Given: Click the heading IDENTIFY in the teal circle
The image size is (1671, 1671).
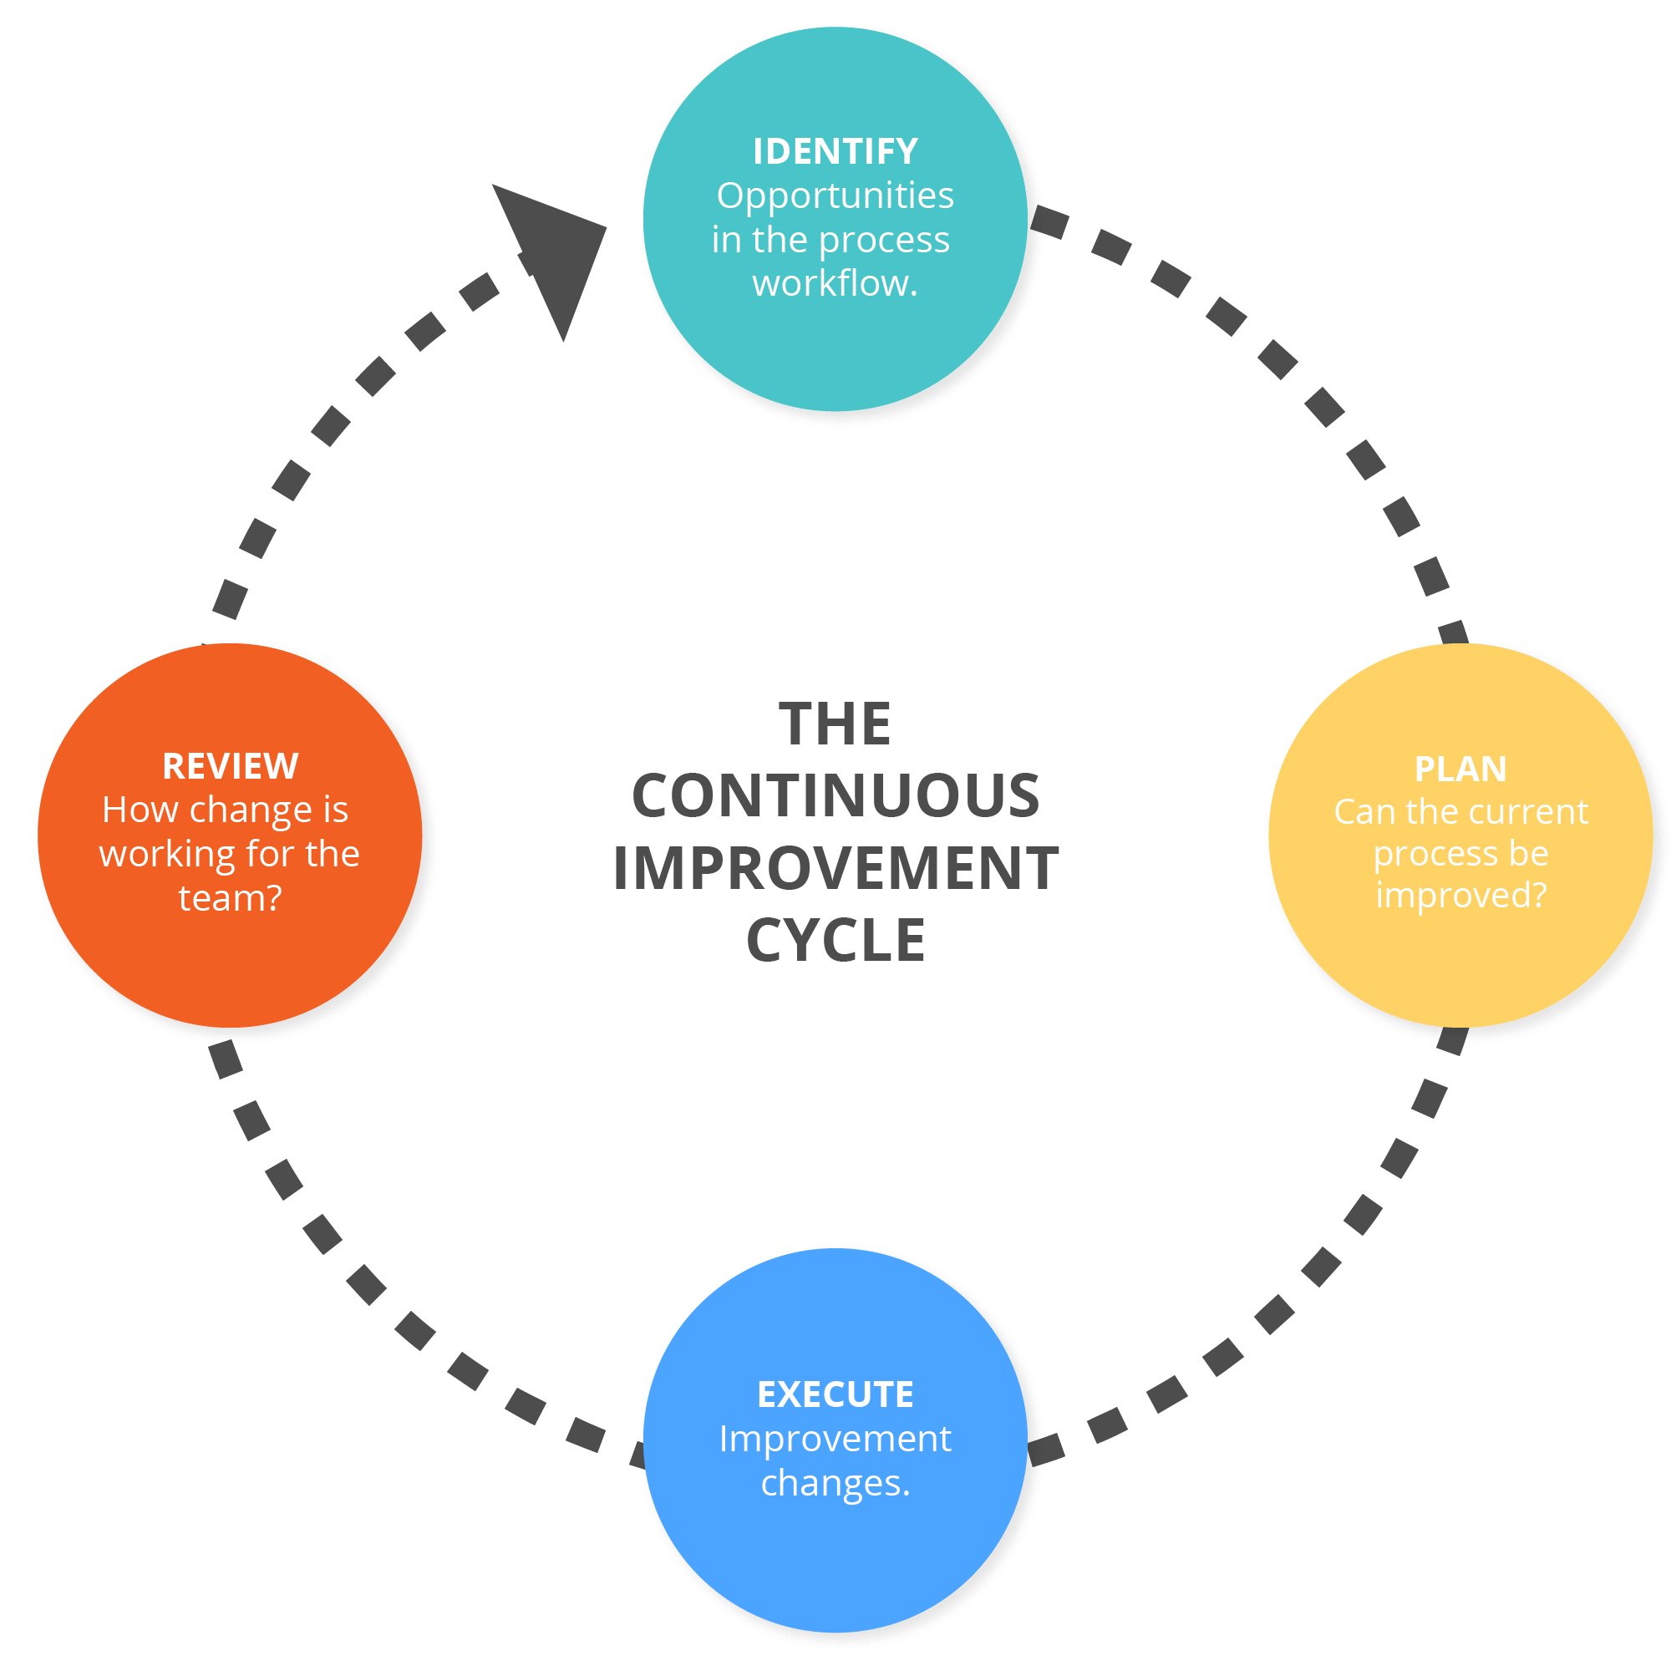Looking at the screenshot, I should coord(835,151).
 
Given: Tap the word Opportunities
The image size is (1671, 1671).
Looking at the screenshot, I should coord(835,196).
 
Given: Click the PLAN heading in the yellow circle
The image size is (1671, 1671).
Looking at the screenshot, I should coord(1460,769).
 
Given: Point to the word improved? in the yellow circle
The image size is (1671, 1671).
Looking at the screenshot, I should coord(1460,895).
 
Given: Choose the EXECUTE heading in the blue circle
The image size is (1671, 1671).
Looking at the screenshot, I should coord(835,1394).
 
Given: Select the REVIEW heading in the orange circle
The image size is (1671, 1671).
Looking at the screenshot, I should coord(230,766).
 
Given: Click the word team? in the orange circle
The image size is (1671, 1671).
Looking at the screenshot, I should coord(230,898).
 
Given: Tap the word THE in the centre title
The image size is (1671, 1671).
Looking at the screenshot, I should coord(835,724).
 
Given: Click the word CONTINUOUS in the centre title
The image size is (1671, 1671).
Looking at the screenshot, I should coord(835,795).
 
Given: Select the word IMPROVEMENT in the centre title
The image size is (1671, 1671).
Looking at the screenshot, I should coord(835,868).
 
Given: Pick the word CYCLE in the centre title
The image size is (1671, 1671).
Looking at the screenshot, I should coord(835,940).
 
